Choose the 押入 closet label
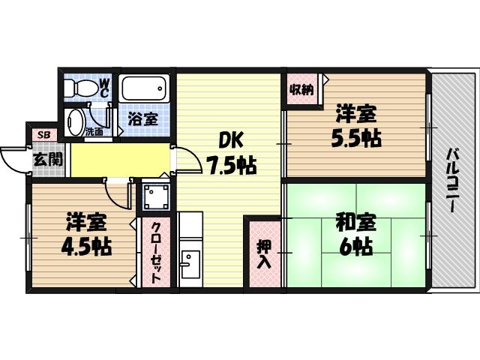click(x=264, y=253)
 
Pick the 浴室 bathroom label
click(x=142, y=118)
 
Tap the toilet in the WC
click(x=80, y=88)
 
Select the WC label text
click(x=104, y=87)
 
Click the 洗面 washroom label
click(x=94, y=131)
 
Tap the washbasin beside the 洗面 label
click(x=75, y=122)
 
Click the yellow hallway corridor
click(x=120, y=159)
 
